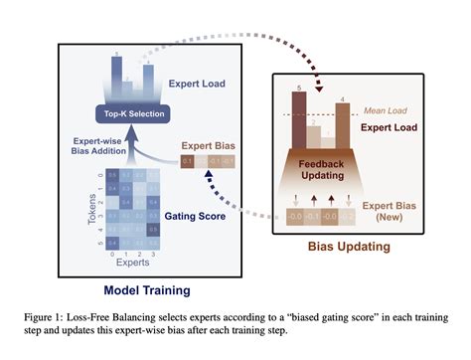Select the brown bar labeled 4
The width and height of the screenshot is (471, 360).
pyautogui.click(x=344, y=124)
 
